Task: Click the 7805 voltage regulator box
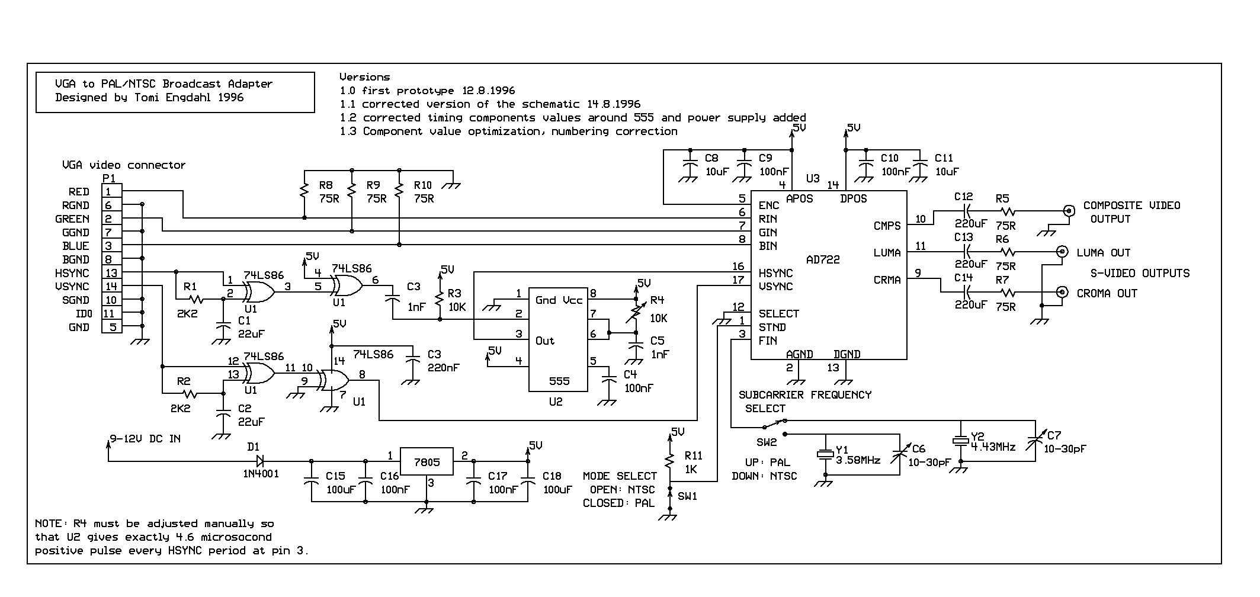(x=427, y=461)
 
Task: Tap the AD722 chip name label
(x=823, y=260)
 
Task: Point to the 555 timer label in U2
(x=559, y=381)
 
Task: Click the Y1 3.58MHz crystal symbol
(x=825, y=454)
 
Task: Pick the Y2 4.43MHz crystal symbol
(x=960, y=441)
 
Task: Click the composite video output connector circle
(x=1069, y=210)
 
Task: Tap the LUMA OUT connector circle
(x=1063, y=252)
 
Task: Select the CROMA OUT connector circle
(x=1063, y=292)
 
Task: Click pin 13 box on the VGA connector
(x=111, y=273)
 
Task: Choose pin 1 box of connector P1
(x=111, y=191)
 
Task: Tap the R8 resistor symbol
(x=304, y=191)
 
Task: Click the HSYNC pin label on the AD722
(x=775, y=274)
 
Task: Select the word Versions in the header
(x=364, y=77)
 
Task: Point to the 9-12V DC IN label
(x=145, y=439)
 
